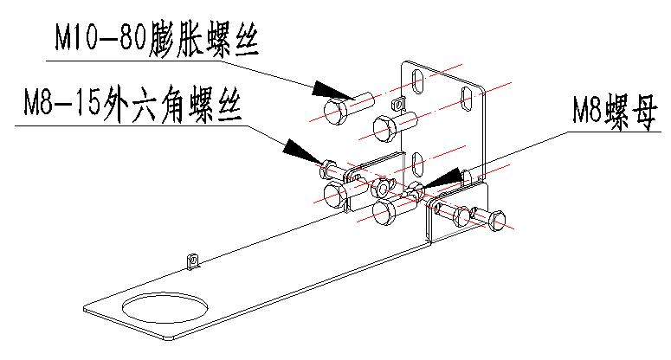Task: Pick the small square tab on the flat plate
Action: click(x=194, y=260)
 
